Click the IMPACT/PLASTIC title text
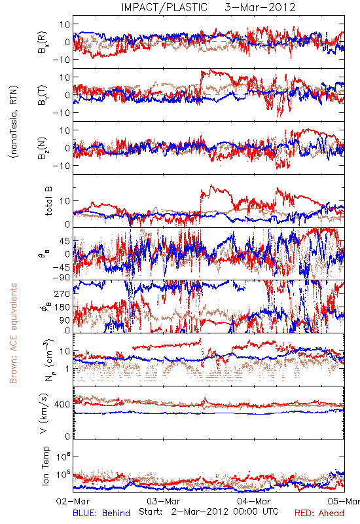click(x=164, y=7)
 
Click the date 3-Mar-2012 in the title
click(x=260, y=7)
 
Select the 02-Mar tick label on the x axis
click(x=73, y=501)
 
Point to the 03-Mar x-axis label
click(x=163, y=501)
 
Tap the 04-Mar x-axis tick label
click(x=254, y=501)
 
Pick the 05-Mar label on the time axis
click(x=344, y=501)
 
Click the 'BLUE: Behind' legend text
click(x=101, y=513)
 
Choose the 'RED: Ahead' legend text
click(x=319, y=513)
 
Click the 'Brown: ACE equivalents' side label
click(x=13, y=333)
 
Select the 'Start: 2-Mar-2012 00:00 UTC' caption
click(x=209, y=512)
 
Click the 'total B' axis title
click(x=48, y=201)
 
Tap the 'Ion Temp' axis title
click(x=46, y=466)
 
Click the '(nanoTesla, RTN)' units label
click(x=14, y=122)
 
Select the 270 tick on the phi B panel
click(x=62, y=294)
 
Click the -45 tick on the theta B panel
click(x=61, y=268)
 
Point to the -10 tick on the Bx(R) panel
click(x=61, y=60)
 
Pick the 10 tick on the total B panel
click(x=65, y=201)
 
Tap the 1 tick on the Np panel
click(x=68, y=369)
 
